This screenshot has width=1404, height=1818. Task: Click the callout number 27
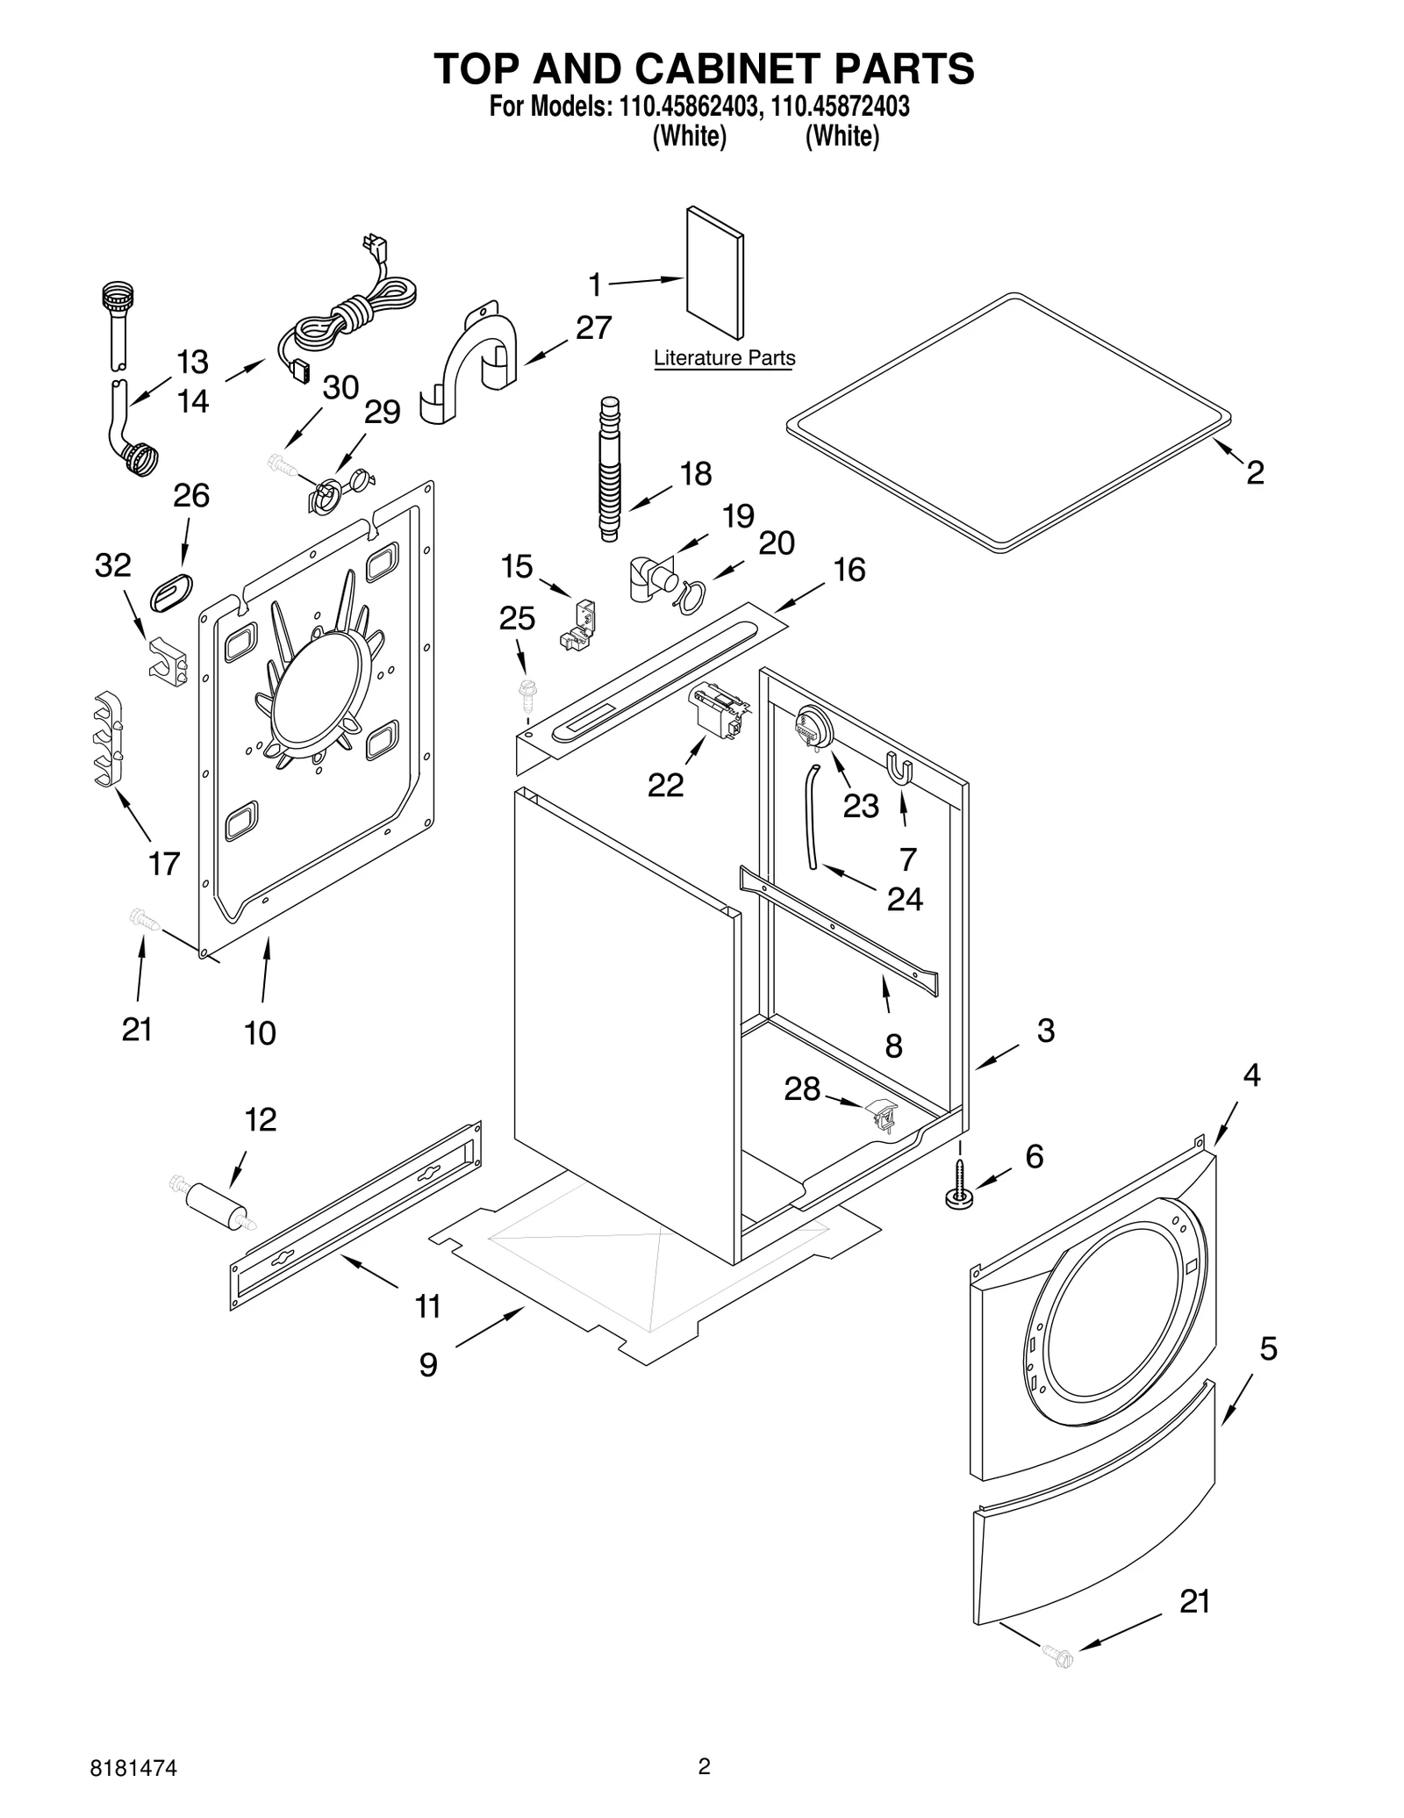(593, 328)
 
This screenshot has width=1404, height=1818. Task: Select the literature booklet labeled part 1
(713, 272)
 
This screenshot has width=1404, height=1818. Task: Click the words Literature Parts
(724, 358)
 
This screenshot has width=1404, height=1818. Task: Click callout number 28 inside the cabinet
(801, 1089)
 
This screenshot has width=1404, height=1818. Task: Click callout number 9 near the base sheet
(427, 1364)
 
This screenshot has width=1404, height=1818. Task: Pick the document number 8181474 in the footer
(133, 1768)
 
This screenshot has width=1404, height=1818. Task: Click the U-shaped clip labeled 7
(901, 768)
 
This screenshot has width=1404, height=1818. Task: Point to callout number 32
(112, 566)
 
